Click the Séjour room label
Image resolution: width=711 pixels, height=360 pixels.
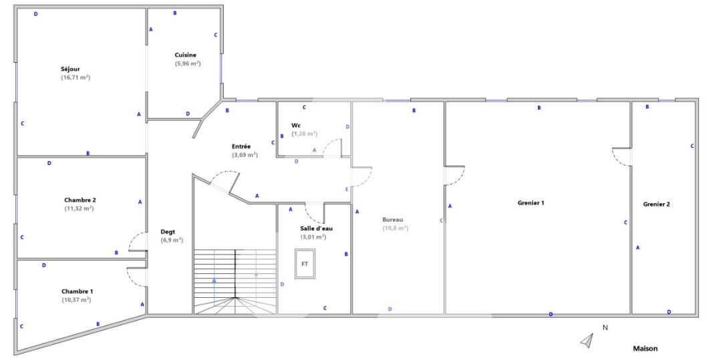click(70, 69)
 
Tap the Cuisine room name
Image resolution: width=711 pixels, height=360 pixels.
click(186, 55)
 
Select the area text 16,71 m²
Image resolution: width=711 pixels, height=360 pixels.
click(76, 77)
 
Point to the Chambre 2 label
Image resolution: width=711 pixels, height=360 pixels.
click(80, 200)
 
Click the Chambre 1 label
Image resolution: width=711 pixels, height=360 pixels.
click(77, 291)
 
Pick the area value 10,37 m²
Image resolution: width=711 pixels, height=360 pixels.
click(76, 300)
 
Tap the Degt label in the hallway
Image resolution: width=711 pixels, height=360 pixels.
click(168, 232)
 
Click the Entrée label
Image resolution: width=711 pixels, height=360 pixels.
click(241, 147)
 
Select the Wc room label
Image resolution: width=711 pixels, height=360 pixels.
click(295, 125)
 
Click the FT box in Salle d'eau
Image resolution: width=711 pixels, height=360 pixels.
click(305, 263)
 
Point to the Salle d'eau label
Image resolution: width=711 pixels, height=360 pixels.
click(316, 228)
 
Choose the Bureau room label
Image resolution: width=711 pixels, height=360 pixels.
click(393, 220)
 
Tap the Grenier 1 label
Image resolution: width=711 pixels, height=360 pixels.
click(531, 203)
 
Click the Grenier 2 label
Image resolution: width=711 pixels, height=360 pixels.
click(657, 204)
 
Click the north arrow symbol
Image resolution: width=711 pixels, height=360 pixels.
click(587, 341)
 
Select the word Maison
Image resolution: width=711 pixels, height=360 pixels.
click(646, 349)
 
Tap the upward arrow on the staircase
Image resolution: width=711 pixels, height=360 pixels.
click(214, 293)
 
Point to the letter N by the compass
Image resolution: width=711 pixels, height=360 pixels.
click(605, 327)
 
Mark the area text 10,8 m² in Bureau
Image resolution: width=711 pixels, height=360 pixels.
click(396, 228)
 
